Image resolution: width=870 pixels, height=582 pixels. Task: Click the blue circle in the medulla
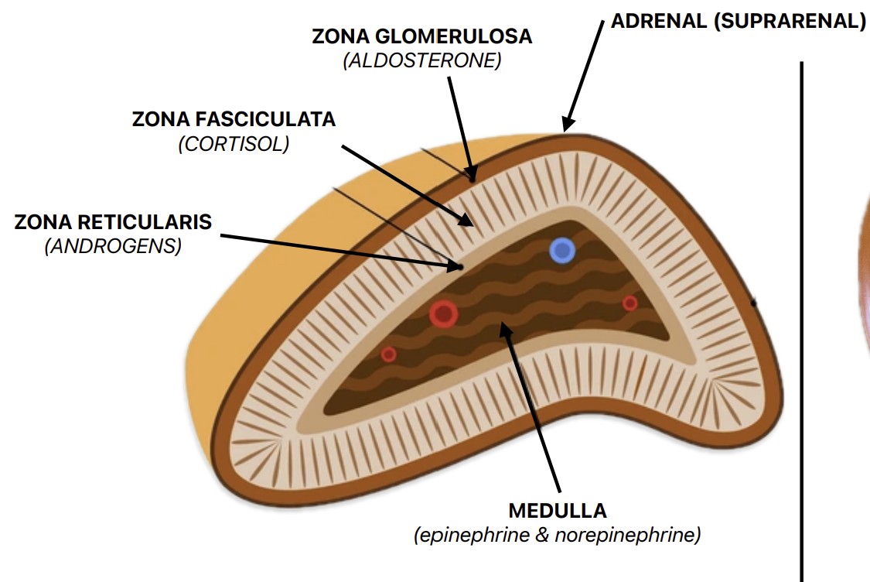pos(562,250)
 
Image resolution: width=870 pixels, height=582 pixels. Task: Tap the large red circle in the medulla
pos(444,313)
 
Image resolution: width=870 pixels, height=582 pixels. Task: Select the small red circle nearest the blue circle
pos(630,303)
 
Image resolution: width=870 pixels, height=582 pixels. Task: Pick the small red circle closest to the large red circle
pos(388,354)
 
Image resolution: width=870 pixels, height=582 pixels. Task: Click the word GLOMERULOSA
pos(465,36)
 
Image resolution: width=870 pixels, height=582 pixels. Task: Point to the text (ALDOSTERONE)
pos(422,61)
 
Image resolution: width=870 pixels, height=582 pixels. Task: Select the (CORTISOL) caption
pos(234,144)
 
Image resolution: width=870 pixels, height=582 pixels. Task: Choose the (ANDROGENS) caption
pos(113,247)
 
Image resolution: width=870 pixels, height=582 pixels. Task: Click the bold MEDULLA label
pos(558,511)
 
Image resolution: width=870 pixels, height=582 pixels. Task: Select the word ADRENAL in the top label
pos(659,21)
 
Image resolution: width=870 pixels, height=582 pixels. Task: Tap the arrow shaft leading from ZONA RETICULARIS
pos(333,248)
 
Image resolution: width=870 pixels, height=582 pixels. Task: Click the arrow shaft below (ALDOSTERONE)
pos(460,124)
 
